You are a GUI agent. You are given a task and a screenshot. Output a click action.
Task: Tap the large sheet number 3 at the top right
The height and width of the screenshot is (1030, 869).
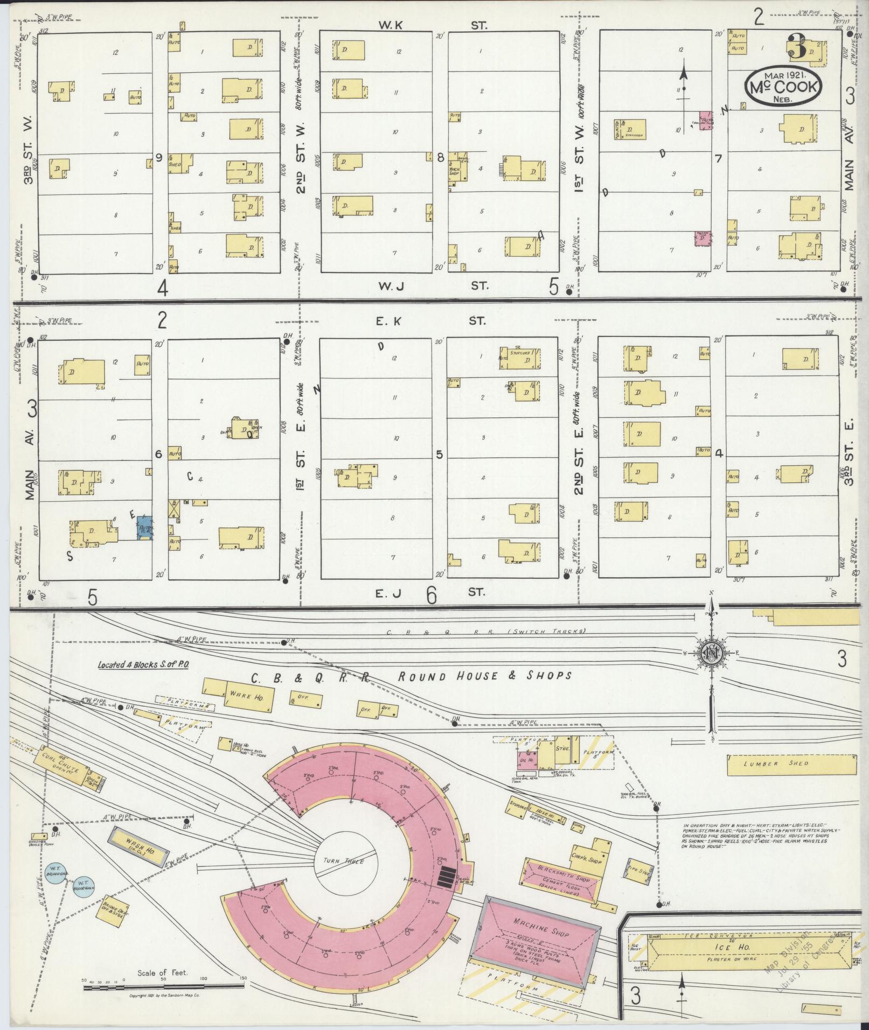point(797,47)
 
